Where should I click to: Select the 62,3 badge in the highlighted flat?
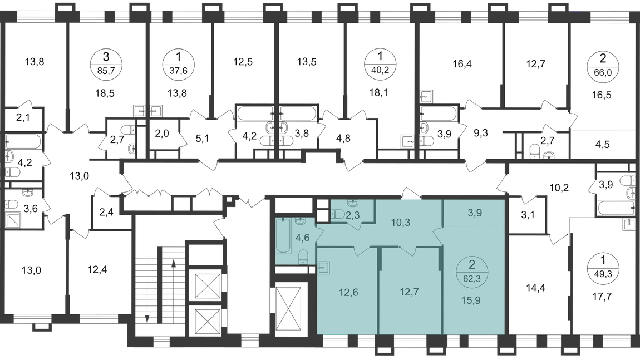coord(472,272)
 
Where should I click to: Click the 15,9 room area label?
coord(471,300)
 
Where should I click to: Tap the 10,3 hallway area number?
coord(400,223)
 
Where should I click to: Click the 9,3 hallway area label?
coord(481,133)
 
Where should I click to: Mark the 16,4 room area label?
coord(462,63)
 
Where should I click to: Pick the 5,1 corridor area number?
coord(202,139)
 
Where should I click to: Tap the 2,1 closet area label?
coord(23,118)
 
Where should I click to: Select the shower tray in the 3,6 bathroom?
coord(14,220)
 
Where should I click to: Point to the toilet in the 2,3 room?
coord(338,214)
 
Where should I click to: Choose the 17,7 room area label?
coord(602,297)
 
